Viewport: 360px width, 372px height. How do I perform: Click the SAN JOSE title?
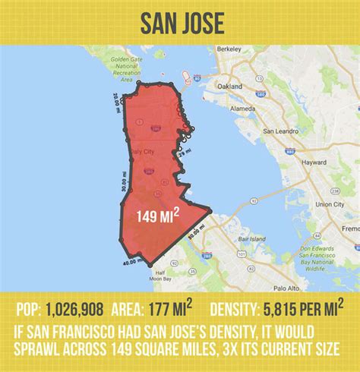(x=180, y=23)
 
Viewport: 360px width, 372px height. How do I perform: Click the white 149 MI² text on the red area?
(x=157, y=218)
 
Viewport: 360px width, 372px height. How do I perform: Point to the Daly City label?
(x=140, y=152)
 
